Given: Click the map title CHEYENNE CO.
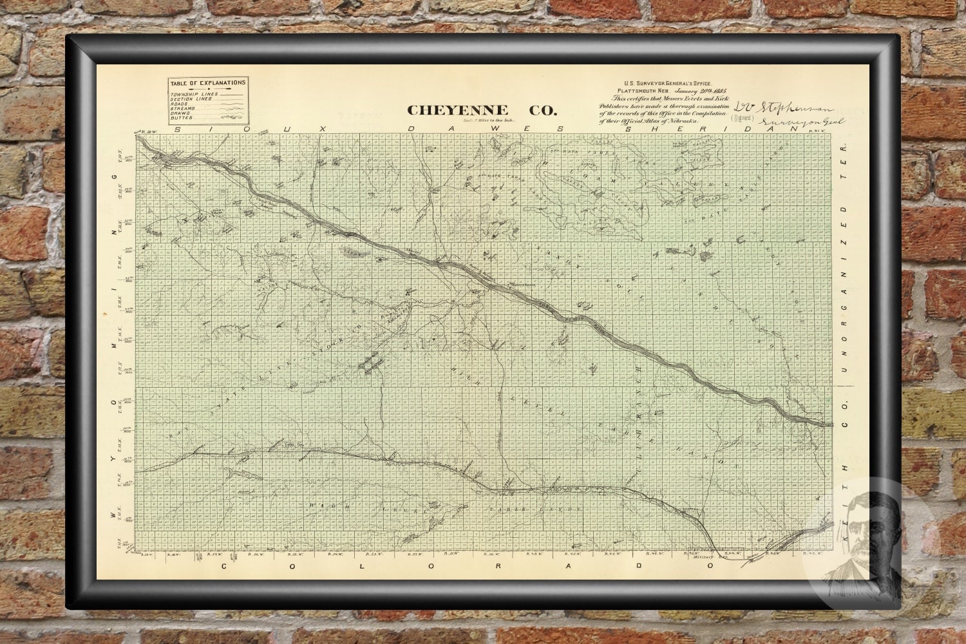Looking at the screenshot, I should (482, 110).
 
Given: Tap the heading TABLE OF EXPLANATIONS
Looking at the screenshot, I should (207, 83).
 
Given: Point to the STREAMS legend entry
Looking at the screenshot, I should (184, 109).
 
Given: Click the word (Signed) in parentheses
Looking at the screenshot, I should (740, 118).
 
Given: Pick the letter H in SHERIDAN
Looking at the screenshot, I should (670, 129).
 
